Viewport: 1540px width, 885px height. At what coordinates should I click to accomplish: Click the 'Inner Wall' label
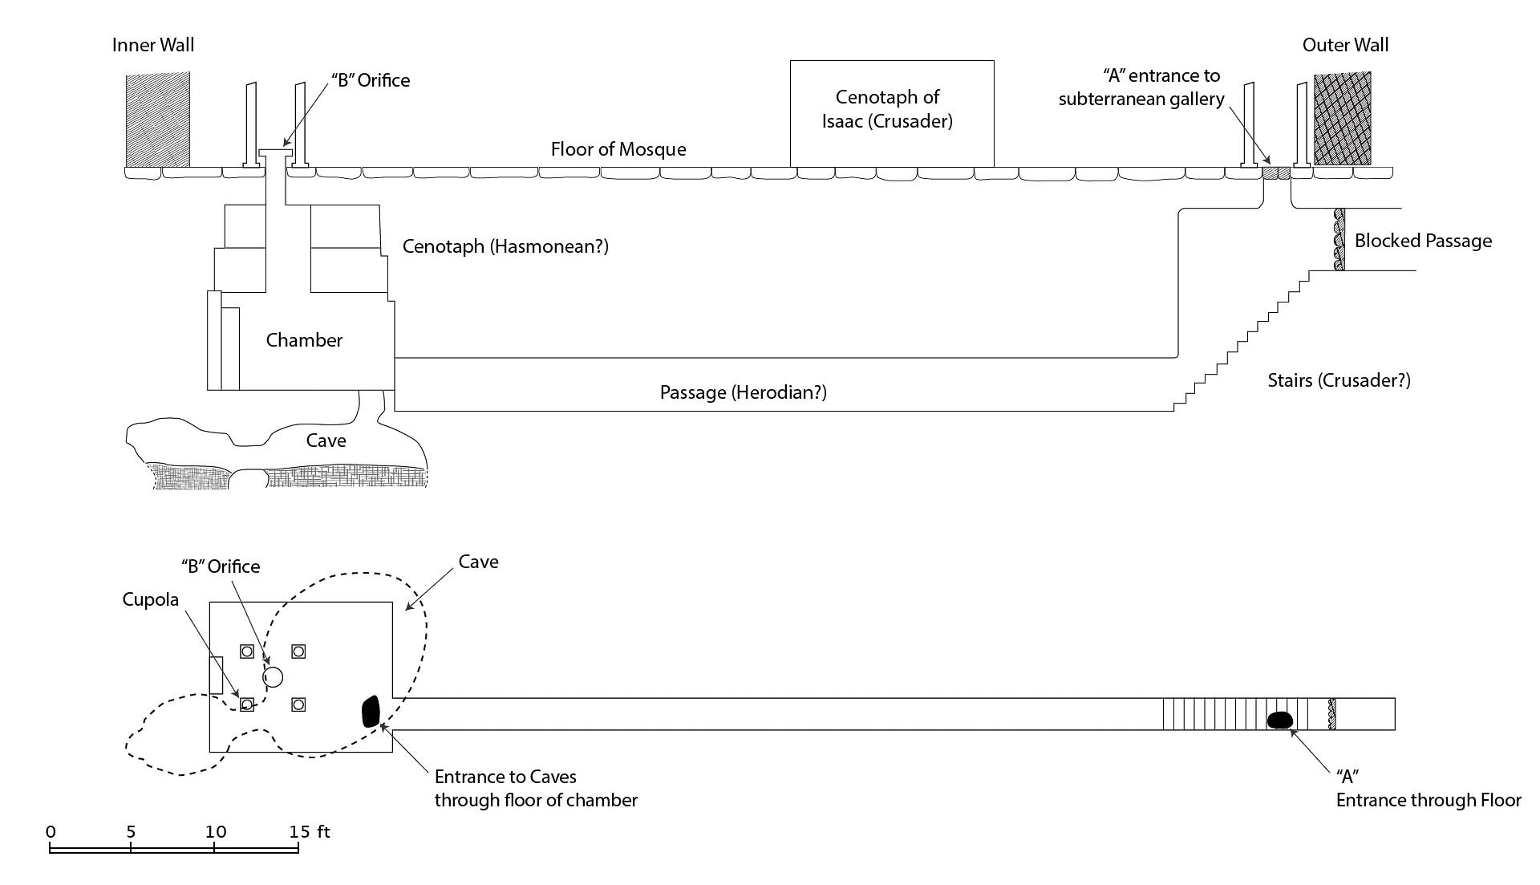click(x=153, y=45)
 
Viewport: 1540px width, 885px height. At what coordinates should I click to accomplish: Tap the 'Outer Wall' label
click(x=1345, y=45)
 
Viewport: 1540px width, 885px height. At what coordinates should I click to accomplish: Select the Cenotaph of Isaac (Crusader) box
click(x=892, y=113)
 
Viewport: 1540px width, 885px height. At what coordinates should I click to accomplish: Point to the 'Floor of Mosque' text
click(x=618, y=149)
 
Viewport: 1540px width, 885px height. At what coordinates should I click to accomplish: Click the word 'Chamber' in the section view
click(x=304, y=340)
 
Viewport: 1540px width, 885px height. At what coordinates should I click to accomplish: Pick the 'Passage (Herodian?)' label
click(x=744, y=392)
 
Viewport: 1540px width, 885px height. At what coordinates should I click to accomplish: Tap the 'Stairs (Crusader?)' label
click(x=1339, y=380)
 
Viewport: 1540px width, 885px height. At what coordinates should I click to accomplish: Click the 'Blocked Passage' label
click(x=1423, y=241)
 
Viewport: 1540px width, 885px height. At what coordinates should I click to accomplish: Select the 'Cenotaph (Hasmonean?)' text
click(x=505, y=246)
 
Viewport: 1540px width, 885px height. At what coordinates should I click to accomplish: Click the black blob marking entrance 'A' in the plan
click(x=1279, y=720)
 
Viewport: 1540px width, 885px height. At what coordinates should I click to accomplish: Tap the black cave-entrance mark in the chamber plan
click(x=370, y=712)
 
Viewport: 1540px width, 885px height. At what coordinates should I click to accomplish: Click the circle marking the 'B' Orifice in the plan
click(x=274, y=677)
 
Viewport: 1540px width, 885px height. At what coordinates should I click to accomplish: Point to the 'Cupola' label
click(x=151, y=600)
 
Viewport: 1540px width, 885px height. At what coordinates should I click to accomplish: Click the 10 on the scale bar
click(x=215, y=832)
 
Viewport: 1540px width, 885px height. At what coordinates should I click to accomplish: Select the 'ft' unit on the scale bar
click(x=323, y=831)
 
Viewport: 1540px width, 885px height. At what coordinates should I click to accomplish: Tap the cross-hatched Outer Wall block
click(x=1342, y=119)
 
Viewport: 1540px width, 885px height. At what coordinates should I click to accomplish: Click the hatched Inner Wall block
click(x=157, y=119)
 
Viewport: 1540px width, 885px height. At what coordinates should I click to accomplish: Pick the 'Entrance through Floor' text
click(x=1429, y=800)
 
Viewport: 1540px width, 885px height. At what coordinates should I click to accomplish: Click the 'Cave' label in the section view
click(x=326, y=440)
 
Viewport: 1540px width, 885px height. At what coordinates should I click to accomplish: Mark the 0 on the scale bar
click(x=51, y=832)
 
